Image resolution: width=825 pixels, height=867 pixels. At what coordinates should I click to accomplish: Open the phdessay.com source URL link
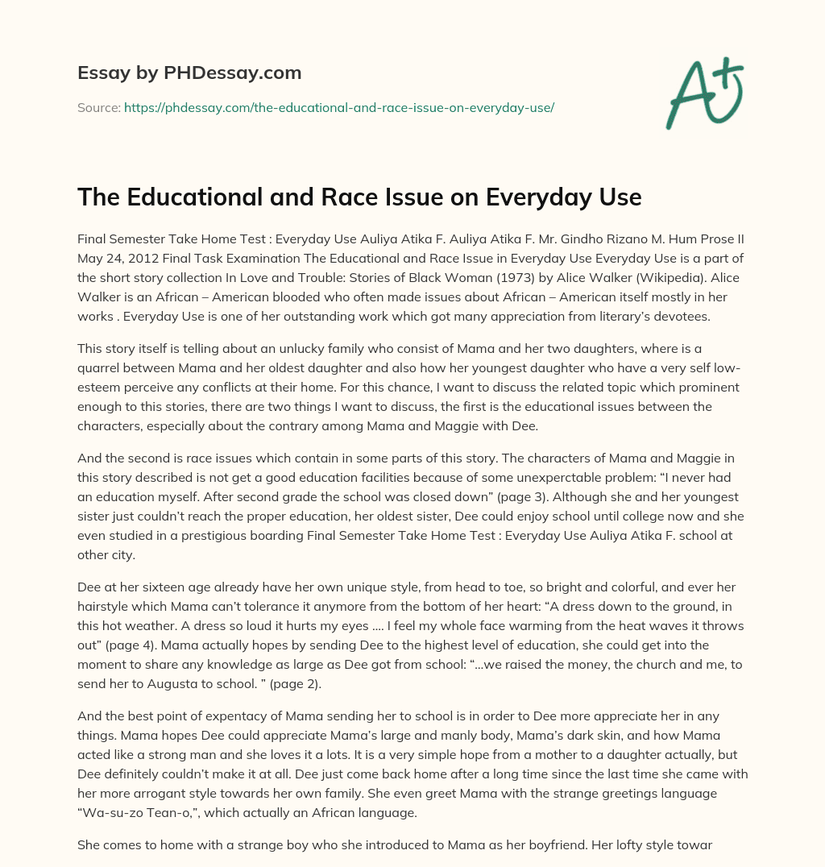338,107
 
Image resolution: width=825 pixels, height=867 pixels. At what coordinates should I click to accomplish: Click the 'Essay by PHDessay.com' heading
189,73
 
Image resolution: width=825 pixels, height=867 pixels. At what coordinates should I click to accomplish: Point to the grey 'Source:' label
98,107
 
